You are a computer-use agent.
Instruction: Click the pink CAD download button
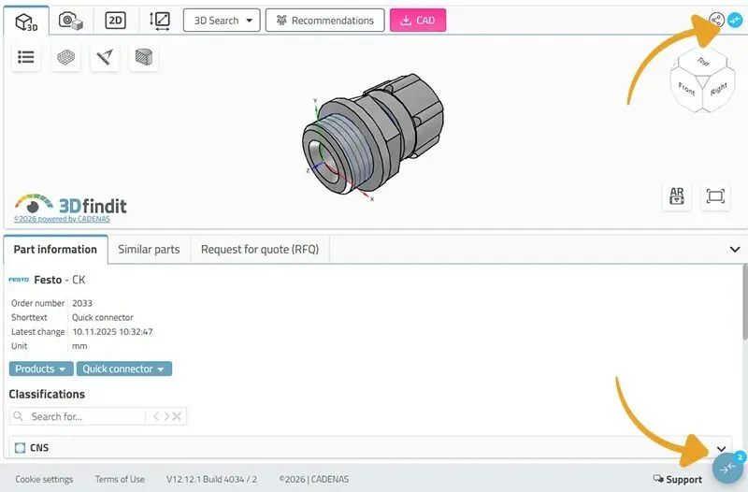(418, 21)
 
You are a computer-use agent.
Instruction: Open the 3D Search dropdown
(222, 21)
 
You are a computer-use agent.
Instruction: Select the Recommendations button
(324, 21)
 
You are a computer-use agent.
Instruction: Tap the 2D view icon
(115, 21)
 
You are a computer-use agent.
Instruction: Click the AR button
(676, 196)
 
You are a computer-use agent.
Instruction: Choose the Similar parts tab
(149, 249)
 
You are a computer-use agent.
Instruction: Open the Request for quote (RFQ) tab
(260, 249)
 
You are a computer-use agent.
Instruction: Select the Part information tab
(55, 249)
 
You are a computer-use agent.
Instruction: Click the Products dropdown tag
(41, 369)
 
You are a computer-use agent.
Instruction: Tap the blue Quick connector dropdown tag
(124, 369)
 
